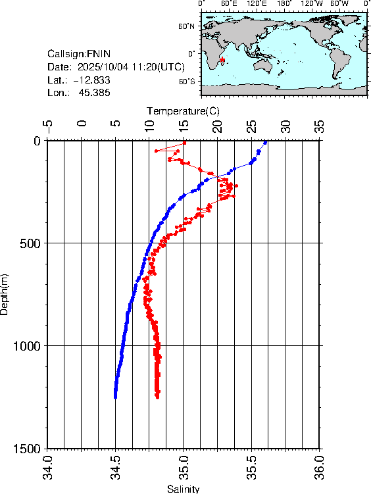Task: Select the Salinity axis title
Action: coord(183,489)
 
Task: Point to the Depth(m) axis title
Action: coord(5,293)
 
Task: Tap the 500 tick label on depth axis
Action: coord(30,243)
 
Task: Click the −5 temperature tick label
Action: coord(47,124)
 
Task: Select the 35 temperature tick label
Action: coord(320,124)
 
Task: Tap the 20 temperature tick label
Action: coord(218,124)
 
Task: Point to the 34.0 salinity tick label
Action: coord(47,467)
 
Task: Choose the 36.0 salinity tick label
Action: coord(320,467)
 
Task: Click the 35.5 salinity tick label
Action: coord(252,467)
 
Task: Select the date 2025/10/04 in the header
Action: coord(102,67)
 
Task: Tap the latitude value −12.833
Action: coord(91,80)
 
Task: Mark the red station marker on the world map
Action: coord(224,60)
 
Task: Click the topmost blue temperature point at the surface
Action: coord(265,141)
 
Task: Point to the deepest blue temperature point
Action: coord(115,397)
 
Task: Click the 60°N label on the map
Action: coord(187,26)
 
